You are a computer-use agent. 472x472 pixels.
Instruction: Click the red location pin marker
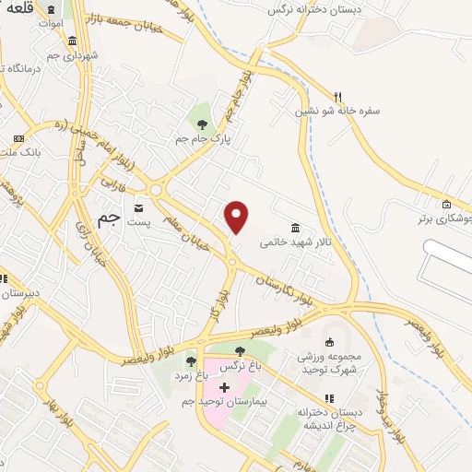pyautogui.click(x=238, y=217)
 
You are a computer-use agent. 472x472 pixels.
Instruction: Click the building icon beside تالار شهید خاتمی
pyautogui.click(x=295, y=228)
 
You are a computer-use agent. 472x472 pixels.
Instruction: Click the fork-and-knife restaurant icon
pyautogui.click(x=338, y=96)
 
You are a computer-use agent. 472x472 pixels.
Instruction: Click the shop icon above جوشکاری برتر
pyautogui.click(x=447, y=204)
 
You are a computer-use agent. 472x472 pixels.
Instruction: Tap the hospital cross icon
pyautogui.click(x=224, y=387)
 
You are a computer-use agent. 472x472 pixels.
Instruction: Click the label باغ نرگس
pyautogui.click(x=241, y=366)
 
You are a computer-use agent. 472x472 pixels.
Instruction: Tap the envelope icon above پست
pyautogui.click(x=139, y=207)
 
